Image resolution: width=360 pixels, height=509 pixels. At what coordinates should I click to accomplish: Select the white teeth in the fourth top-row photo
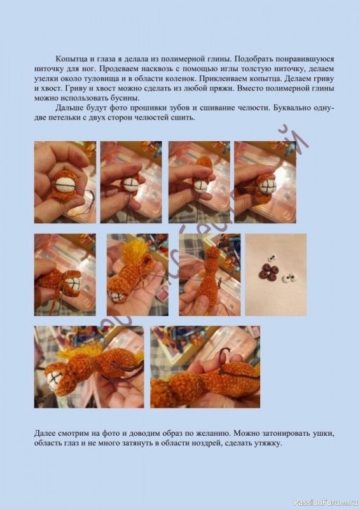(x=267, y=189)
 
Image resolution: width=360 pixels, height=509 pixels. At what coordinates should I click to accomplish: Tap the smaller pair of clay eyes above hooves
(x=268, y=259)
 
